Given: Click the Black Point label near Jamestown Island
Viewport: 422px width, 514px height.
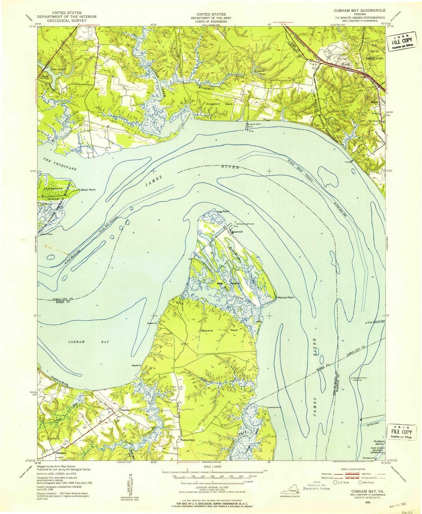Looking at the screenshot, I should [88, 190].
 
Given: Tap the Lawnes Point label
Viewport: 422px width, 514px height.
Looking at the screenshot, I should [274, 407].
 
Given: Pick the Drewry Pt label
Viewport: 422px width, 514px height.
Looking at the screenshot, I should [151, 323].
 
